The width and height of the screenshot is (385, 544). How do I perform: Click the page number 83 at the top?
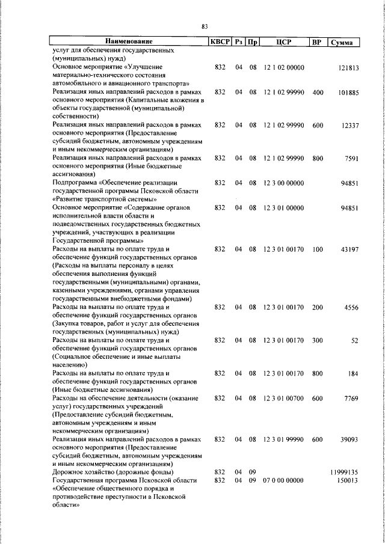pos(205,26)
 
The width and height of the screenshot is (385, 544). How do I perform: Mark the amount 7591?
pos(351,158)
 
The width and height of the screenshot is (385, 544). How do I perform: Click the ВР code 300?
pos(318,340)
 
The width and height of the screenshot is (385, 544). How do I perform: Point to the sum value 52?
pos(354,340)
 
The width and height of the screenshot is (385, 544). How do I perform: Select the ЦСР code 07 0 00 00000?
pos(283,481)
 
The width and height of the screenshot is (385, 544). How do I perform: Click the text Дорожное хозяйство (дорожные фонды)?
pos(113,472)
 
